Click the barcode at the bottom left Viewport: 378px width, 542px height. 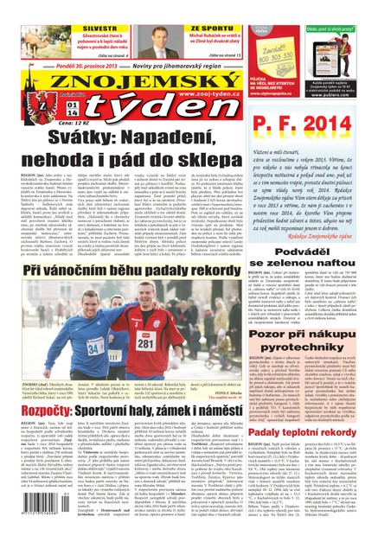click(x=26, y=516)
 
